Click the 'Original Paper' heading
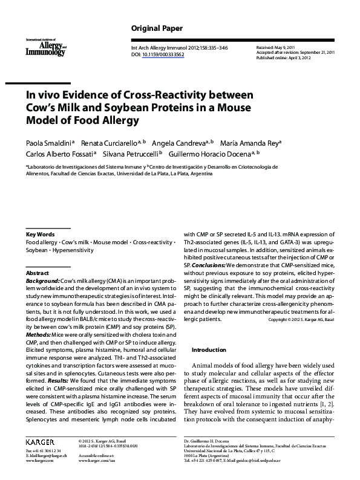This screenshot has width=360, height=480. click(157, 29)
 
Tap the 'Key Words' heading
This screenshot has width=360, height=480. click(40, 234)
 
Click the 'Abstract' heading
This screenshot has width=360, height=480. click(37, 273)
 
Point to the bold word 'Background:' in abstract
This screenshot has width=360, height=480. click(42, 282)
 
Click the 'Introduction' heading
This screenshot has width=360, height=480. click(209, 350)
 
